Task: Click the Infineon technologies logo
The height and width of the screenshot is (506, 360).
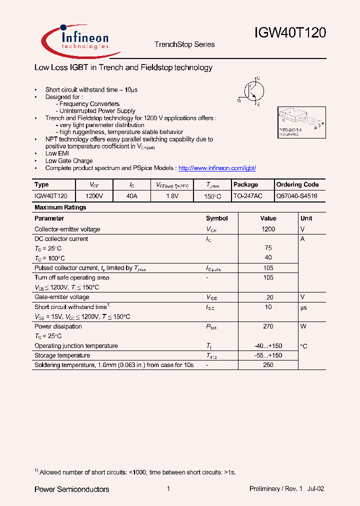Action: [75, 39]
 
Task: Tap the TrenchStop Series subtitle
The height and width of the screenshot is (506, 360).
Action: [184, 44]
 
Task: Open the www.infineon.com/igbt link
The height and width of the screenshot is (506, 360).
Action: [217, 168]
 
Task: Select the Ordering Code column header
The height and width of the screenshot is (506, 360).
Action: [297, 184]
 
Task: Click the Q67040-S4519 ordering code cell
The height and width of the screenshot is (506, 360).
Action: [297, 196]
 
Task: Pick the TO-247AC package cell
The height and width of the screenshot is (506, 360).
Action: [247, 196]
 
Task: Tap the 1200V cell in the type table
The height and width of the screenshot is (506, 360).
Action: [94, 196]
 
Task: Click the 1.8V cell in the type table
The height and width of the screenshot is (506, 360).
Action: [172, 196]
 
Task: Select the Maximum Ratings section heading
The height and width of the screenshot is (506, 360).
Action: [60, 207]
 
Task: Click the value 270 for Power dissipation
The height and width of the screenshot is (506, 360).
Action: [268, 326]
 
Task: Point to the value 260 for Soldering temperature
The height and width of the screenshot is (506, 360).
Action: [268, 365]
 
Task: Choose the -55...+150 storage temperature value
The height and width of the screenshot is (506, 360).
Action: [268, 355]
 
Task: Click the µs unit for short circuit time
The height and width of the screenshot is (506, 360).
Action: [304, 307]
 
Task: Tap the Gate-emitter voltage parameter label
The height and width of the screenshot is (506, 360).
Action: [62, 297]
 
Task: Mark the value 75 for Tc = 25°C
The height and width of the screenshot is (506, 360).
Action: [268, 248]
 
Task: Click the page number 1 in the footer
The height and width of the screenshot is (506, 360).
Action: [168, 489]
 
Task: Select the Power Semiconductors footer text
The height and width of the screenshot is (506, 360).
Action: [71, 489]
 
